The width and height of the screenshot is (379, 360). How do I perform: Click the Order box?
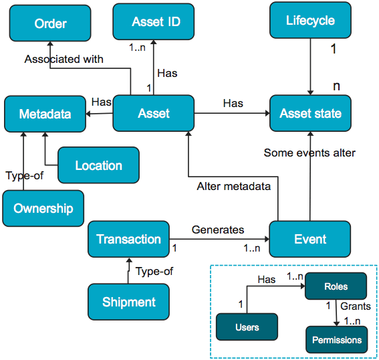coord(50,23)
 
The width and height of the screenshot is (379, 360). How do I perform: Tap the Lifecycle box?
coord(310,21)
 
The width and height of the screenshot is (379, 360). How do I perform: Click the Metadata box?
coord(45,114)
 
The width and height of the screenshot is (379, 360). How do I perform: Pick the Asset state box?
coord(310,113)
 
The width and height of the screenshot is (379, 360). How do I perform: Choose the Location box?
coord(98,165)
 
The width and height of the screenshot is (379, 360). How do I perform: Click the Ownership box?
coord(43,208)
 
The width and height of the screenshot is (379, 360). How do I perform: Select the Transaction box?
coord(128,240)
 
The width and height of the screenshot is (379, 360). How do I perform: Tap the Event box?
coord(310,239)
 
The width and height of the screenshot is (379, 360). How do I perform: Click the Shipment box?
coord(128,302)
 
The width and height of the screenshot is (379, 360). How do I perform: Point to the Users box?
coord(247,328)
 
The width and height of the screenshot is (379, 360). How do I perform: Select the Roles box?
coord(336,286)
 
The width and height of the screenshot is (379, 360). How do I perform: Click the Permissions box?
coord(337,339)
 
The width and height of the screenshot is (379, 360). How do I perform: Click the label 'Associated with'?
coord(64,59)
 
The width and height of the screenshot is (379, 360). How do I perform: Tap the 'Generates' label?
coord(218,230)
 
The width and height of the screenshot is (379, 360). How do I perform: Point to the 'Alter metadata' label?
coord(233,186)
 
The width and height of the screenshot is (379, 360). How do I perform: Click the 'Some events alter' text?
coord(309,153)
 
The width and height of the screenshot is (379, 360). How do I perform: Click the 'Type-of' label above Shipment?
coord(154,271)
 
